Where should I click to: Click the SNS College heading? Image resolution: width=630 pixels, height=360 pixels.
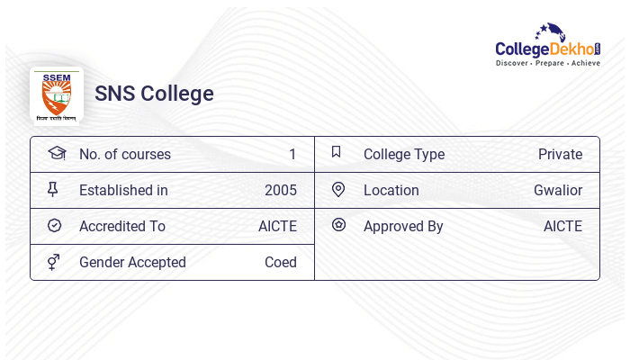coord(154,94)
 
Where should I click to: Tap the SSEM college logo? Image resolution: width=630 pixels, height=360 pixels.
coord(57,94)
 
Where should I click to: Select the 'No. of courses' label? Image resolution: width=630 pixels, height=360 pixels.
coord(124,154)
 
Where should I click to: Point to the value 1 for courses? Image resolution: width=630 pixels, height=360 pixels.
coord(292,154)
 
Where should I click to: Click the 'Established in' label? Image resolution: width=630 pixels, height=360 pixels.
coord(123,190)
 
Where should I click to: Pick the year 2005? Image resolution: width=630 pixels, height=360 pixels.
coord(281,190)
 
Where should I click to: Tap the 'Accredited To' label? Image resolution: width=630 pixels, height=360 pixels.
coord(122,226)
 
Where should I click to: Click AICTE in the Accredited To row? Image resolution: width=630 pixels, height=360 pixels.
coord(277,226)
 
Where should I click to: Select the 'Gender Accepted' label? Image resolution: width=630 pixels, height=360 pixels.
coord(132,262)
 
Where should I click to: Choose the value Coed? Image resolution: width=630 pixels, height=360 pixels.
coord(281,262)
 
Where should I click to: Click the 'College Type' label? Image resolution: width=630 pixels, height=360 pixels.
coord(404,154)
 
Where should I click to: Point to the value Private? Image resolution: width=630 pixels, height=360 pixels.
coord(560,154)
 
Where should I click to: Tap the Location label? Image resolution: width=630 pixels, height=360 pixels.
coord(391,190)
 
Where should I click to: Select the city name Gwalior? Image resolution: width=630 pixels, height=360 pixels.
coord(558,190)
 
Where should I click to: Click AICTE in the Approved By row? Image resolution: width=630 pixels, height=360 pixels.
coord(562,226)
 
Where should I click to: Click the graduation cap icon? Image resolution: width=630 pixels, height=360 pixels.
coord(57,153)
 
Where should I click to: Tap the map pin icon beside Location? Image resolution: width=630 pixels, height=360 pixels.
coord(338,189)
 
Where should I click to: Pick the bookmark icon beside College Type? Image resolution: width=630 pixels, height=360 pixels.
coord(337,152)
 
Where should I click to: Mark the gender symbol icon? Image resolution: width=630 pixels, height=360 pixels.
coord(54,262)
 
